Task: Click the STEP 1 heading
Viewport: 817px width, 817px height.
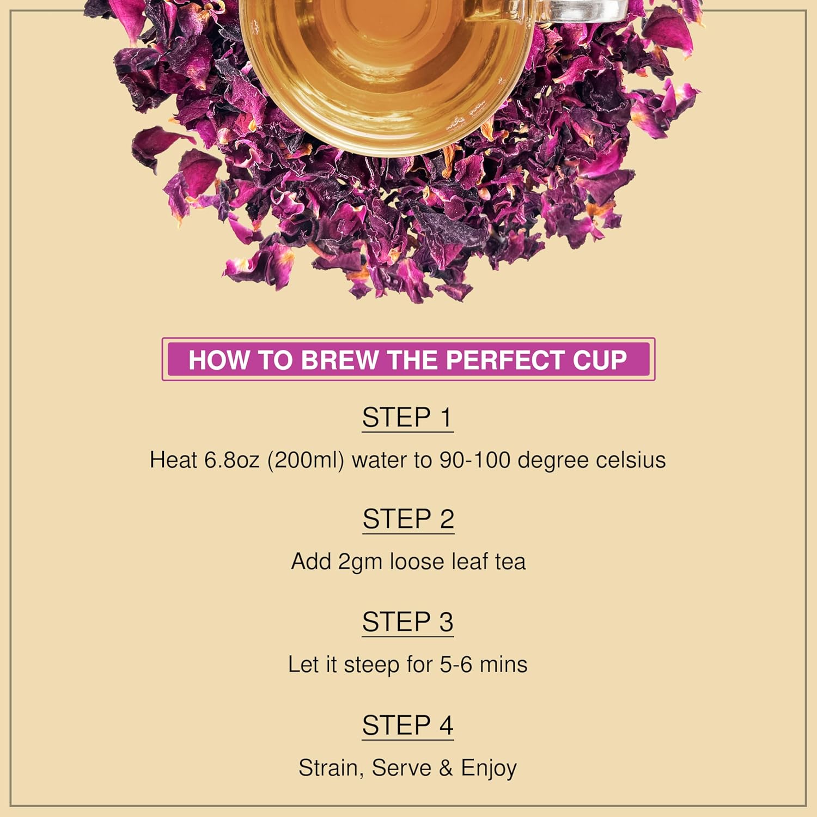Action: (407, 418)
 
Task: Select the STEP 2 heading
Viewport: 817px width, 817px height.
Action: (408, 519)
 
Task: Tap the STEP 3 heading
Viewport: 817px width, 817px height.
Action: (407, 622)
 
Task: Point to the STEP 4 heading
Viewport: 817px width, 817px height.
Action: (407, 725)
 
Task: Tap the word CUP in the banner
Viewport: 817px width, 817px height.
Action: (600, 360)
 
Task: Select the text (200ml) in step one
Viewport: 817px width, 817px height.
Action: (306, 461)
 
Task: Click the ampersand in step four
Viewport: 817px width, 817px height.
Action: (446, 768)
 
